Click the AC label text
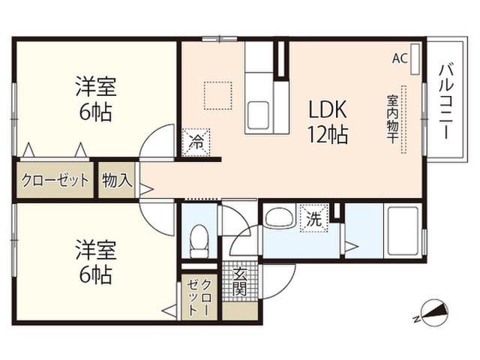tap(400, 58)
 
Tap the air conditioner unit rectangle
tap(415, 59)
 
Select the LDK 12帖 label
tap(328, 121)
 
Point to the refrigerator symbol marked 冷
tap(196, 142)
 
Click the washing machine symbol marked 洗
tap(314, 218)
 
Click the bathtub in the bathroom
tap(402, 231)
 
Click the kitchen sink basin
tap(258, 115)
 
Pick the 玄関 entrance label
tap(239, 281)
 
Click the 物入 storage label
tap(117, 180)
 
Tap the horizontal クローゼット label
tap(55, 180)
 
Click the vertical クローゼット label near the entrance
tap(199, 297)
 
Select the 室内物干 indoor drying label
tap(392, 119)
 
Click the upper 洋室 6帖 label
tap(96, 99)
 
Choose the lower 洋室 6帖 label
tap(96, 262)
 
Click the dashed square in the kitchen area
tap(218, 95)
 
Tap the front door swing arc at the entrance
tap(285, 287)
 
